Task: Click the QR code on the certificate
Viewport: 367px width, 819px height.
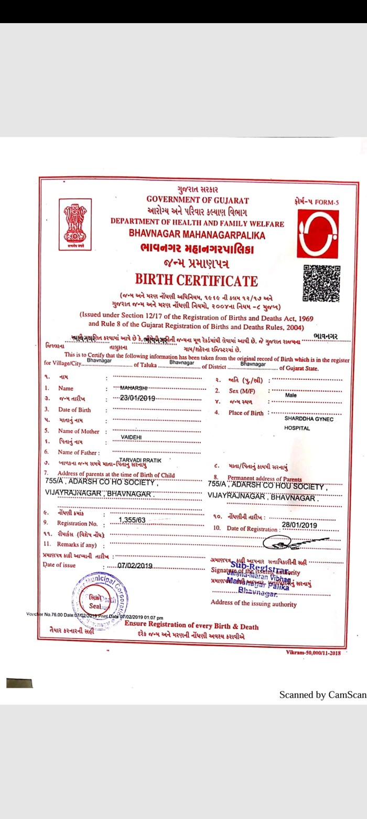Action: (321, 283)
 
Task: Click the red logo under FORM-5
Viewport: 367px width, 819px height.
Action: (318, 233)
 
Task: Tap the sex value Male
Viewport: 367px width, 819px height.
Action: (291, 395)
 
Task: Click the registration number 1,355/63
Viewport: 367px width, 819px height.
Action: (132, 520)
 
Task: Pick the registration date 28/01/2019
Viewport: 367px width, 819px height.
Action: (299, 525)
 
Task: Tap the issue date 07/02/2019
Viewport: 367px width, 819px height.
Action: (135, 565)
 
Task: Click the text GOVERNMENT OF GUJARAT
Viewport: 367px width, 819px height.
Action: (198, 200)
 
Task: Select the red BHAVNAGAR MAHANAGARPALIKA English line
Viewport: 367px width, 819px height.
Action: (197, 235)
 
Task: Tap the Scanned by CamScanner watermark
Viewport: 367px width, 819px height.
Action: (322, 695)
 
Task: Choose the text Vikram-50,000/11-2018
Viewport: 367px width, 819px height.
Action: (313, 652)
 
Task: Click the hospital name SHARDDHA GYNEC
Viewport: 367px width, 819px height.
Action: (309, 419)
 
